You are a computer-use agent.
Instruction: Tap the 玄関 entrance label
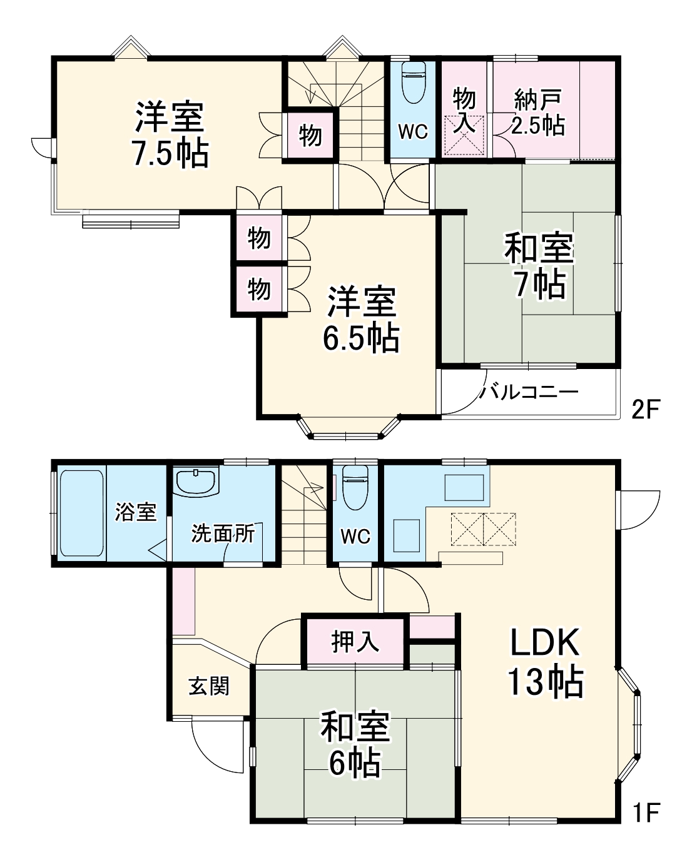(x=209, y=686)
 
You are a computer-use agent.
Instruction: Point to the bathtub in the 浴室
(x=81, y=513)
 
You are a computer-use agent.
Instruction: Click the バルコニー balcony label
(x=529, y=393)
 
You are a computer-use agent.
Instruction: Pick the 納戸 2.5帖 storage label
(x=538, y=113)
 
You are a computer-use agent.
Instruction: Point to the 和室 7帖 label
(x=539, y=266)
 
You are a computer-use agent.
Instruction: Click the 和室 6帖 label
(x=355, y=744)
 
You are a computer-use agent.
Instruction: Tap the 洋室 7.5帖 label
(x=170, y=134)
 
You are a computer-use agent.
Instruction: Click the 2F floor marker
(x=645, y=410)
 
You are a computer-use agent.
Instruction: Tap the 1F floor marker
(x=645, y=812)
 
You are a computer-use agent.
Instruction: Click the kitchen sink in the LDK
(x=464, y=488)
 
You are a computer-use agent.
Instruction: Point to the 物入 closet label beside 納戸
(x=464, y=110)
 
